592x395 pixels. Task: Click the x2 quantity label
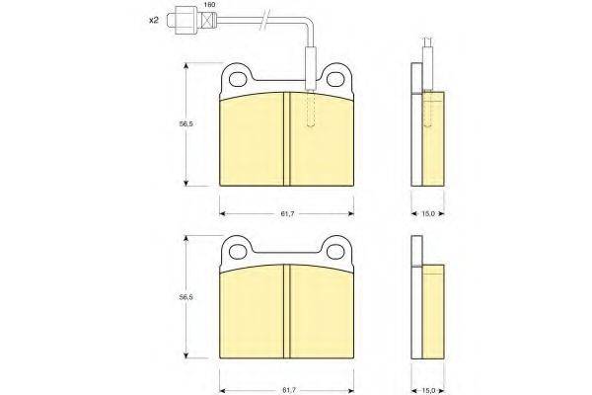[154, 20]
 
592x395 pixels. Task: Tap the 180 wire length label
[209, 5]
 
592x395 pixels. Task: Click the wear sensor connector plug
[191, 21]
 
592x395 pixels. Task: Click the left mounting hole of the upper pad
[237, 79]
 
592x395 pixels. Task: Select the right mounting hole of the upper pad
[334, 79]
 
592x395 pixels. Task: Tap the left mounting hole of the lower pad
[237, 252]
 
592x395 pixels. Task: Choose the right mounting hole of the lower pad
[334, 252]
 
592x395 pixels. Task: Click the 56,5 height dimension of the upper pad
[186, 123]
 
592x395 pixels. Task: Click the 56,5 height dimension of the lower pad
[186, 297]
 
